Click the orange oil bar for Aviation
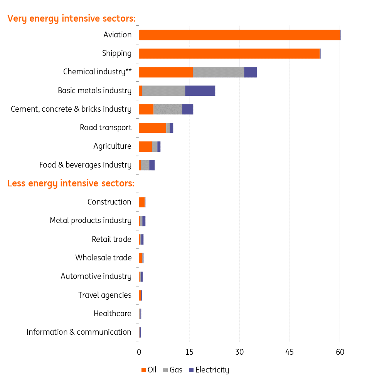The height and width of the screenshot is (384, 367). [239, 35]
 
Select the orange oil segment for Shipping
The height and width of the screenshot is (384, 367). [229, 54]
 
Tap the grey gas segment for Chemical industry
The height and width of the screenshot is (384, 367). [218, 72]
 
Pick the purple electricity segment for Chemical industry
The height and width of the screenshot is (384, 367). [250, 72]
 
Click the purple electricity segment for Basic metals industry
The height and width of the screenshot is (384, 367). [200, 91]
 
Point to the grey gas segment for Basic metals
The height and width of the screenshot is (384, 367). [163, 91]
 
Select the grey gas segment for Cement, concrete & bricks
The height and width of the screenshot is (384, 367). [168, 109]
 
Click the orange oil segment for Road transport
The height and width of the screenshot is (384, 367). [152, 128]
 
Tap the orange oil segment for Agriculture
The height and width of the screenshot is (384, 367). [145, 146]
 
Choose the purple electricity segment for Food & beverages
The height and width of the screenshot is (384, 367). [152, 165]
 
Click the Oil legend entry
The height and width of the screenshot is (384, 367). [149, 370]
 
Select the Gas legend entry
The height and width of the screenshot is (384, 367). [172, 370]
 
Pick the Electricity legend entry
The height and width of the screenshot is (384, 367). [208, 370]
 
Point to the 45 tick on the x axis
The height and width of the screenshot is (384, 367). [290, 352]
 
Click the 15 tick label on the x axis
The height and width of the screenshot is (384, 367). [189, 352]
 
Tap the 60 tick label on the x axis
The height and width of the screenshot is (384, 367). [340, 352]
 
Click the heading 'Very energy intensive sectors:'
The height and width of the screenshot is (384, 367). [72, 18]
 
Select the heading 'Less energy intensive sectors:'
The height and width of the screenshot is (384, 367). [71, 183]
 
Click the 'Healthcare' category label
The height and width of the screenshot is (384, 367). [112, 314]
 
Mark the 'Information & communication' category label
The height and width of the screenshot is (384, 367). [79, 332]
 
